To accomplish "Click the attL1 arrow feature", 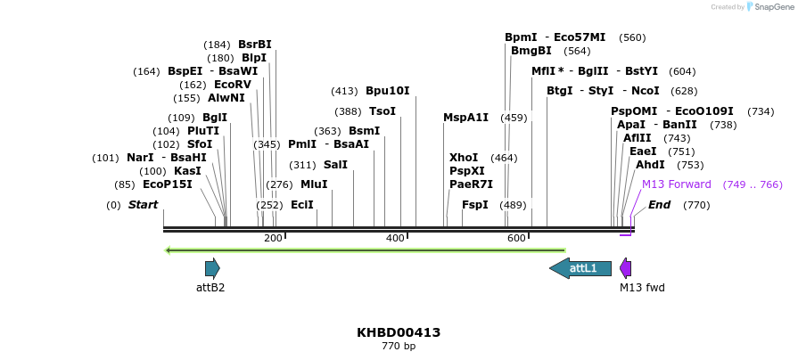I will click(x=580, y=267).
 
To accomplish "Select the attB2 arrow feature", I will click(x=212, y=267).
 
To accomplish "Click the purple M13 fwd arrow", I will click(x=626, y=268).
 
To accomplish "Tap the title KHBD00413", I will click(x=399, y=332).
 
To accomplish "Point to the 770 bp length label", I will click(x=399, y=346).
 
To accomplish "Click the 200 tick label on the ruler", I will click(x=273, y=238).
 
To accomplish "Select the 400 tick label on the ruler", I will click(x=395, y=238).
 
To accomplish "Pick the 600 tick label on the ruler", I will click(x=516, y=238).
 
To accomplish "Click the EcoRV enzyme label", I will click(x=234, y=85).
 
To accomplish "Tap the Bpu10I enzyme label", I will click(x=388, y=91).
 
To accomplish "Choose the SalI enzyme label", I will click(x=335, y=165).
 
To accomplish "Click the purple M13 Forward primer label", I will click(x=677, y=184).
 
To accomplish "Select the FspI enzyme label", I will click(x=474, y=205).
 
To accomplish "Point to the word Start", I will click(x=143, y=205).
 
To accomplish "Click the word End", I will click(x=659, y=205).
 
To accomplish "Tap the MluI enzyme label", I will click(x=314, y=184).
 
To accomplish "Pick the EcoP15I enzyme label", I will click(x=168, y=184).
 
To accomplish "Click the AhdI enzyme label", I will click(x=650, y=165).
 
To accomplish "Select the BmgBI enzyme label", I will click(x=531, y=51).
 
